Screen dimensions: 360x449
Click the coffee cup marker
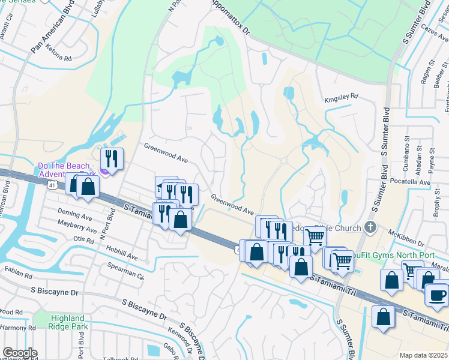click(437, 295)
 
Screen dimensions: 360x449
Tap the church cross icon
click(370, 227)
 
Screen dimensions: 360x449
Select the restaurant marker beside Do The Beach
click(112, 159)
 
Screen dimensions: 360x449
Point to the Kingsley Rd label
click(341, 96)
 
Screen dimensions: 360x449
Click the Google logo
click(20, 353)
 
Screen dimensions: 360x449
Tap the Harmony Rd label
click(18, 328)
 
